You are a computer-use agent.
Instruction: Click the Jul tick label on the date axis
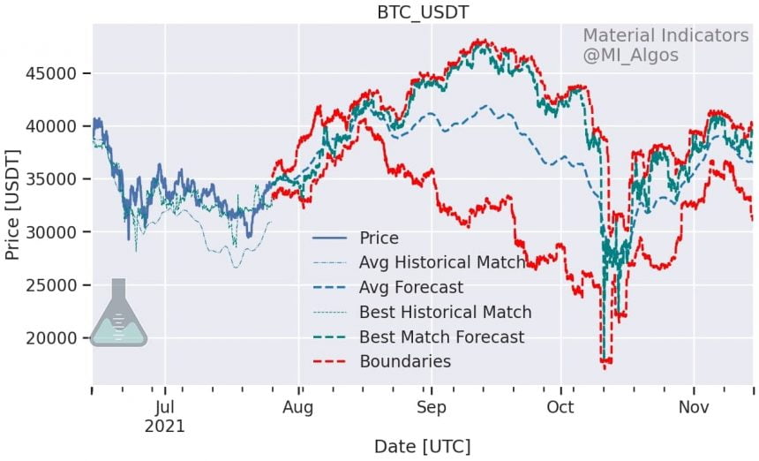click(164, 408)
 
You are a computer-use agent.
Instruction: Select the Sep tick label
click(431, 408)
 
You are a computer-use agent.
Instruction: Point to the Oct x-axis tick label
click(560, 408)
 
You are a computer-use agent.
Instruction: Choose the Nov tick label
click(694, 408)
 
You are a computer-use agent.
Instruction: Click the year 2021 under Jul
click(164, 427)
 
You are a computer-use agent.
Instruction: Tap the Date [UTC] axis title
click(423, 446)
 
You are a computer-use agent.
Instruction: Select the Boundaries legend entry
click(405, 362)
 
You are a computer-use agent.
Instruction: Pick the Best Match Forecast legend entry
click(441, 337)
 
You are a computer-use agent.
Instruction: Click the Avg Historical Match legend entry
click(441, 263)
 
